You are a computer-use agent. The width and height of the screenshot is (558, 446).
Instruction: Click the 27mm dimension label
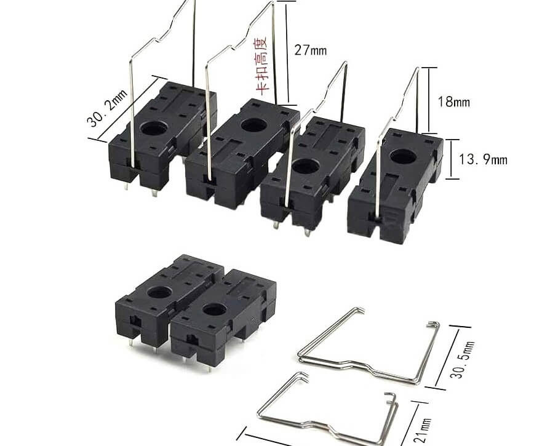coord(310,50)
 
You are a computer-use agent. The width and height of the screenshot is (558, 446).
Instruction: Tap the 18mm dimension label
coord(453,102)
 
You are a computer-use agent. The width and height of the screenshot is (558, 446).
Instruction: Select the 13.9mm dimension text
coord(482,159)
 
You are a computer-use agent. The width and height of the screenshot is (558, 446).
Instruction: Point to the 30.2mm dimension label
coord(107,108)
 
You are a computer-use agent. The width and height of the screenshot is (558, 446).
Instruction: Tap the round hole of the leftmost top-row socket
coord(154,127)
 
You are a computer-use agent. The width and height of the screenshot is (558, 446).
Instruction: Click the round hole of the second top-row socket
coord(254,125)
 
